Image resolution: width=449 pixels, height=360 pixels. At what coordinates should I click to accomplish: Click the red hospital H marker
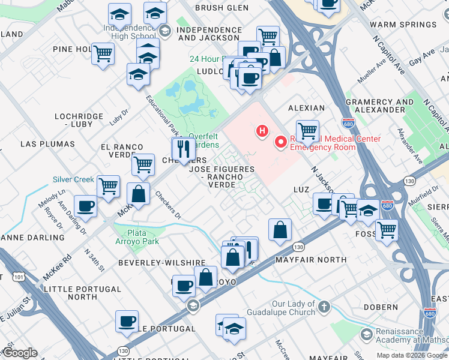click(x=262, y=130)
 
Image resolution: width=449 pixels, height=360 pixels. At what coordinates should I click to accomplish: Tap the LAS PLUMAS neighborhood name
click(x=47, y=144)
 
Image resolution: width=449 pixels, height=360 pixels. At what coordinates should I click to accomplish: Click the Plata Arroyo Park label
click(x=142, y=237)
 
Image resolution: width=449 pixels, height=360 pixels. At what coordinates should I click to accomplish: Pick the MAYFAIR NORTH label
click(x=310, y=260)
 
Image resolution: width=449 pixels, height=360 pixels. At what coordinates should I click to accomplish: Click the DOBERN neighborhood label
click(x=380, y=307)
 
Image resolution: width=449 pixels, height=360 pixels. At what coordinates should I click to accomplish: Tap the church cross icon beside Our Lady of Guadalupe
click(x=324, y=307)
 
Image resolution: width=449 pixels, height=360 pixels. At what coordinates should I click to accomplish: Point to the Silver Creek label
click(x=73, y=179)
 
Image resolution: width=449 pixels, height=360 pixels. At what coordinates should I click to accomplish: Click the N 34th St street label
click(x=94, y=260)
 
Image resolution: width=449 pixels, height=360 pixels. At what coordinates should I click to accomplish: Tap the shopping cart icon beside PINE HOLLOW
click(x=103, y=53)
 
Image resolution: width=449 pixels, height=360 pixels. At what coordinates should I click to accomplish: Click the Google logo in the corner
click(x=20, y=353)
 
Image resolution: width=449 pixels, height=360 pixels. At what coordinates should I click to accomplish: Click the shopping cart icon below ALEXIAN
click(x=307, y=130)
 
